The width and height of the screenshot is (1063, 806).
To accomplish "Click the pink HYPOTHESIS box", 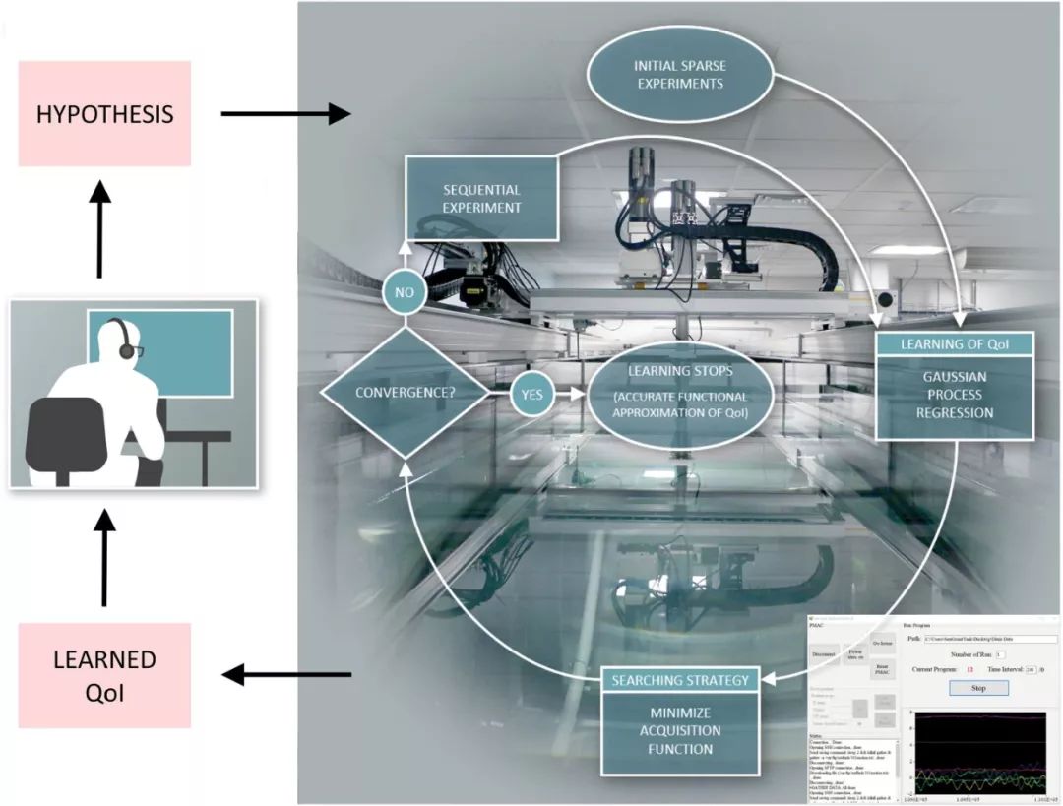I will pyautogui.click(x=104, y=113).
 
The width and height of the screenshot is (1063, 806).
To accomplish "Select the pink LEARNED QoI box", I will pyautogui.click(x=104, y=674).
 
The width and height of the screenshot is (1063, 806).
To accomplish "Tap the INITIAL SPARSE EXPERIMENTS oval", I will pyautogui.click(x=679, y=75).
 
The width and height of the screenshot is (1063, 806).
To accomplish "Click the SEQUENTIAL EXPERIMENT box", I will pyautogui.click(x=482, y=198).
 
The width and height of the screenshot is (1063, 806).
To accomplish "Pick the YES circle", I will pyautogui.click(x=532, y=393).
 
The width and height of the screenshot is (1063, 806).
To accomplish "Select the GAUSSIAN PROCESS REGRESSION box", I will pyautogui.click(x=955, y=396).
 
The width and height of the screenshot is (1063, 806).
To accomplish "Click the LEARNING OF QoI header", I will pyautogui.click(x=955, y=343).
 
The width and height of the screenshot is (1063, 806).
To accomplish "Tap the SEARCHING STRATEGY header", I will pyautogui.click(x=680, y=680).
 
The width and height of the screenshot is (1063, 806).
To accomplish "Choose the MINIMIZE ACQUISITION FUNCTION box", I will pyautogui.click(x=680, y=731).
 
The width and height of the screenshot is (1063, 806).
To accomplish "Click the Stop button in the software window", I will pyautogui.click(x=978, y=688).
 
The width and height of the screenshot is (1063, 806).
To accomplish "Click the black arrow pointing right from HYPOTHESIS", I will pyautogui.click(x=285, y=114).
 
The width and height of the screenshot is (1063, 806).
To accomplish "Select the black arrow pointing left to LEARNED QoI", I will pyautogui.click(x=285, y=675).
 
